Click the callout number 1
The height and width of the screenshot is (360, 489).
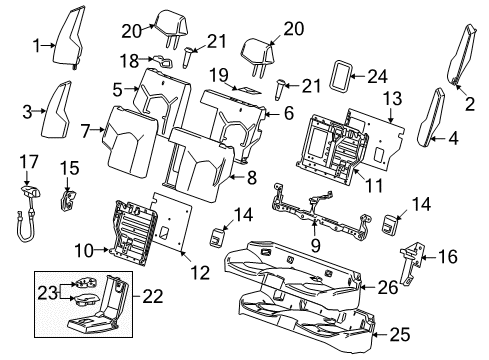pos(37,45)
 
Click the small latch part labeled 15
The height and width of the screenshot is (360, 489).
pos(70,198)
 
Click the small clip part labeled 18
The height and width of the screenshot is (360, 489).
pos(165,62)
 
